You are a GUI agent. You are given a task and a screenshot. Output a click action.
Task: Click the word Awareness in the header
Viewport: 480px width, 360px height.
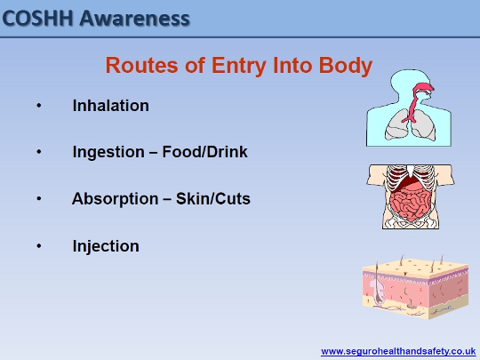(x=135, y=19)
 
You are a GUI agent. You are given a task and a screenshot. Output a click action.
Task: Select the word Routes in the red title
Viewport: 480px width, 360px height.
(x=141, y=65)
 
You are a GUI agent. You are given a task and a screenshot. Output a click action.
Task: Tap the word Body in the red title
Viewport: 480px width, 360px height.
(x=345, y=67)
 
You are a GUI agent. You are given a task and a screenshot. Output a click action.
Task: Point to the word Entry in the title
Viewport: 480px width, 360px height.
(x=239, y=67)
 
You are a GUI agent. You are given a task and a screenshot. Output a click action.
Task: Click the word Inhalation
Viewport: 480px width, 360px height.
(x=111, y=106)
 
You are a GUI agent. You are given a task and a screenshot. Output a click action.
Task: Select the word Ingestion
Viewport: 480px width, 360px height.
(x=108, y=153)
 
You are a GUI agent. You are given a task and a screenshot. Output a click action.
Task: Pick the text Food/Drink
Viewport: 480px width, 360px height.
(x=204, y=151)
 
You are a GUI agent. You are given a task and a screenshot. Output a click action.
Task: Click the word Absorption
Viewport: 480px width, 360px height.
(x=115, y=199)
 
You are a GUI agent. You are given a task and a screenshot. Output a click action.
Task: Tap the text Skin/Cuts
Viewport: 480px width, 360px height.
(x=213, y=198)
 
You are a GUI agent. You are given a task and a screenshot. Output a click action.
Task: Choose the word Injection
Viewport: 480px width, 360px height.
(x=106, y=247)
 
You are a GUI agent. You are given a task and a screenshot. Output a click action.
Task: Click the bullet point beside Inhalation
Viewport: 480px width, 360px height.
(x=39, y=106)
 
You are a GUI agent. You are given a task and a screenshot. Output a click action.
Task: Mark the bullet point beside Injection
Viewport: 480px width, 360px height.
(x=39, y=246)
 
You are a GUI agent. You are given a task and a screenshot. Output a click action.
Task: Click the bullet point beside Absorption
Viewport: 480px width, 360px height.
(x=39, y=199)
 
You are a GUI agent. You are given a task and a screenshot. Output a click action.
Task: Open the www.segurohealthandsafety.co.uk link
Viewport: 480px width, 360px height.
(x=398, y=351)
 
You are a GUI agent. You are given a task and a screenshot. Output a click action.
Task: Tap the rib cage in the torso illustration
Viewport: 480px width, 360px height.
(x=410, y=178)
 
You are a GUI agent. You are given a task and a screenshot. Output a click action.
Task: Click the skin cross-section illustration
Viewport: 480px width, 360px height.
(x=415, y=287)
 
